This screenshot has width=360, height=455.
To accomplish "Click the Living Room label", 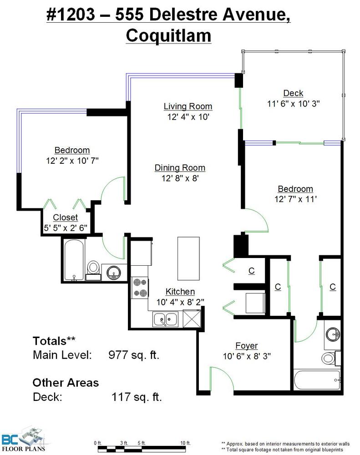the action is [x=188, y=106].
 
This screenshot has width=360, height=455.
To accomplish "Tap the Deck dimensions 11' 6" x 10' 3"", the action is [x=293, y=104].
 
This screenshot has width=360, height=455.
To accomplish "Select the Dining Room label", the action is [x=180, y=168].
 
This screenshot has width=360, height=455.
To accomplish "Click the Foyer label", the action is [x=247, y=346].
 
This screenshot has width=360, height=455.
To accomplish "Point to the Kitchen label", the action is [x=180, y=292].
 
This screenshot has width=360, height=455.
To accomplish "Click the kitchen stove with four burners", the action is [x=140, y=288].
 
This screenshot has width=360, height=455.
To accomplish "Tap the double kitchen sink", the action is [x=166, y=319].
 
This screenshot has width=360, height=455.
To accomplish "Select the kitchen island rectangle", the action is [x=188, y=258].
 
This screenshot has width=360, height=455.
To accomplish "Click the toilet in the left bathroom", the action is [x=93, y=270].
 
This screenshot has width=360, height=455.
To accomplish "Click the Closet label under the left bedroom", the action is [x=66, y=217].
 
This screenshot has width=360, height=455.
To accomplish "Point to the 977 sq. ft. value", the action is [x=134, y=354].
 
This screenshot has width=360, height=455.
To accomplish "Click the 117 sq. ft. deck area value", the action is [x=137, y=397].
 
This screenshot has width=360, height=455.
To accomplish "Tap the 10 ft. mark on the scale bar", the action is [x=185, y=443].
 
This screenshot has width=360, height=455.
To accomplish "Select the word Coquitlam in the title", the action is [x=168, y=35].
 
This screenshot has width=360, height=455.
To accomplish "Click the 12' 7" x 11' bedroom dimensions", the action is [x=295, y=199].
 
